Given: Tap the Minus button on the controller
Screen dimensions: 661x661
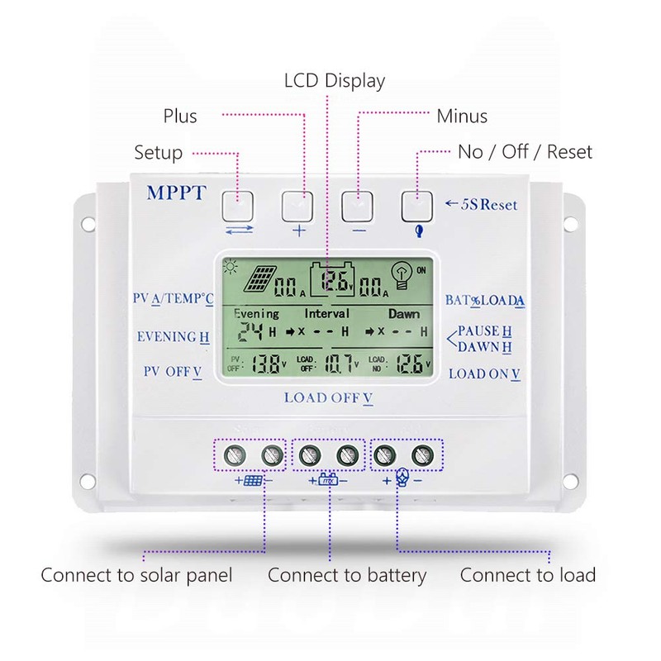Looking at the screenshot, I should tap(359, 203).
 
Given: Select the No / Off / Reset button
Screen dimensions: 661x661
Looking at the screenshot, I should tap(418, 203).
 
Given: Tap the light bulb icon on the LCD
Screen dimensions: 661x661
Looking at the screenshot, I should tap(402, 275).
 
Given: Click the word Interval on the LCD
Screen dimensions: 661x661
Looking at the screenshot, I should tap(327, 314).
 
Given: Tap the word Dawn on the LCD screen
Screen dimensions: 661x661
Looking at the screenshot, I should tap(404, 314).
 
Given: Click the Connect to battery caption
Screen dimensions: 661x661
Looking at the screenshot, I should tap(347, 575).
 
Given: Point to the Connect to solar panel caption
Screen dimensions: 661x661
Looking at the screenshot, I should tap(136, 575).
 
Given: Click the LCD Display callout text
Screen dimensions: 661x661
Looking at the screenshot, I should tap(335, 81).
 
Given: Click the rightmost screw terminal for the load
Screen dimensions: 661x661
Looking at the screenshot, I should tap(423, 454).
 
